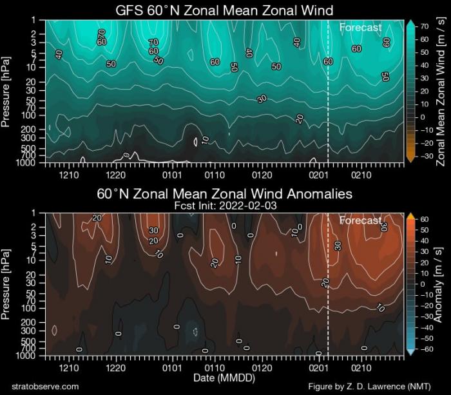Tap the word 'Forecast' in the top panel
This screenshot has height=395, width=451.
pos(360,27)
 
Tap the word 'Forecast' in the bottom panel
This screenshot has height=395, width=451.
pos(360,220)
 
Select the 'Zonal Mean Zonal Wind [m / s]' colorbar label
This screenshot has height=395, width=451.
pos(441,91)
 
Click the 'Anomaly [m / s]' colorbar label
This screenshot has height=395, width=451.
pos(441,284)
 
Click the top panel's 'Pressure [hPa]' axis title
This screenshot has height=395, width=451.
pos(7,91)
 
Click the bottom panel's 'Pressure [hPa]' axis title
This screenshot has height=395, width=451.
pos(7,284)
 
